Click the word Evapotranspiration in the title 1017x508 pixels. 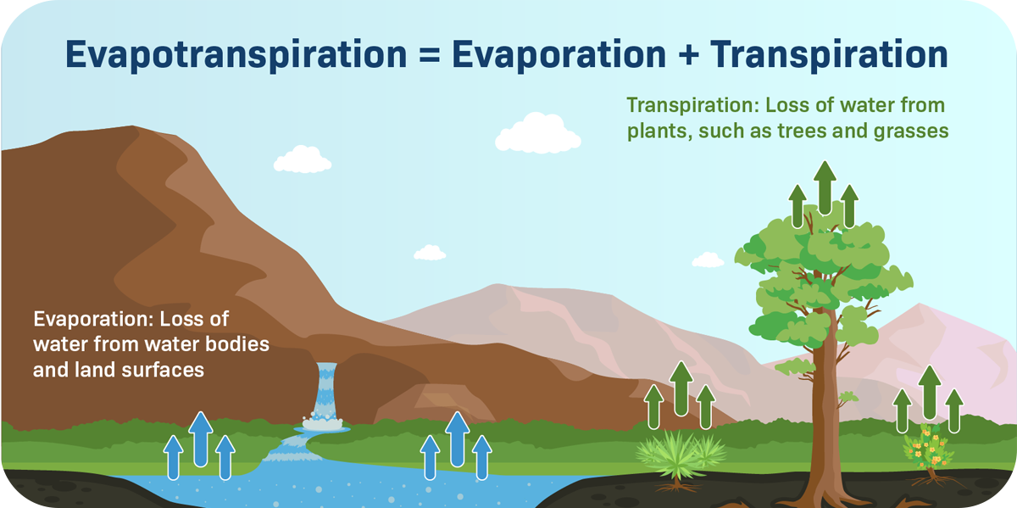point(236,55)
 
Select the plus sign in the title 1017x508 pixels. point(688,54)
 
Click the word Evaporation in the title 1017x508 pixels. point(559,55)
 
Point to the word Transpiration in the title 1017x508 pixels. point(829,55)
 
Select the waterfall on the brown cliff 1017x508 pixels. point(325,395)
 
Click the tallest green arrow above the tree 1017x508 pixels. point(825,187)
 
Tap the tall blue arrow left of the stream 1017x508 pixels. point(201,439)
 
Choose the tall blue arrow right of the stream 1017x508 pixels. point(457,439)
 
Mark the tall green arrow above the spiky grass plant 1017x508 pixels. point(681,388)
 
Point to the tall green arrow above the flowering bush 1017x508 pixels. point(930,393)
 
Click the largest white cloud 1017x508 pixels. point(537,132)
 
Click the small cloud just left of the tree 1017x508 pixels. point(708,260)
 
